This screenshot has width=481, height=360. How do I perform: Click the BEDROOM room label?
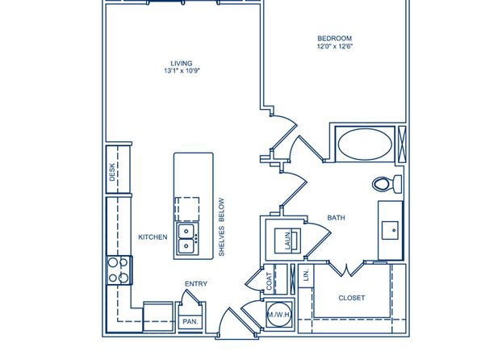(x=334, y=39)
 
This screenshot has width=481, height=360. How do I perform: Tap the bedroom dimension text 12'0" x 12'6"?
(x=335, y=46)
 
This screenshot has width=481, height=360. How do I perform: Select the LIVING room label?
(x=182, y=64)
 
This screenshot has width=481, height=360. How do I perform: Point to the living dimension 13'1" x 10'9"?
(x=182, y=71)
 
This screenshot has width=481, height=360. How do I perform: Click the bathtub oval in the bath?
(x=365, y=144)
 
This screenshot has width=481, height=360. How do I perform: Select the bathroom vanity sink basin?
(x=390, y=230)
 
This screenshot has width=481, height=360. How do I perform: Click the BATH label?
(x=336, y=218)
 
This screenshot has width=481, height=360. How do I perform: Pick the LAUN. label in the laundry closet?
(x=288, y=241)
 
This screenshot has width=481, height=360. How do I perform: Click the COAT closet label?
(x=269, y=281)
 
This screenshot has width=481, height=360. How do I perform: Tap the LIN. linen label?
(x=306, y=275)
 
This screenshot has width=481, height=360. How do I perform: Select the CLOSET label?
(x=352, y=298)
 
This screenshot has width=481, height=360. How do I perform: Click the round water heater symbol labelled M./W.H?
(x=279, y=314)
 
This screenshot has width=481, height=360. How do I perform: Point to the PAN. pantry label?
(x=190, y=321)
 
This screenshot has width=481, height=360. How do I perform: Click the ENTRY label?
(x=196, y=284)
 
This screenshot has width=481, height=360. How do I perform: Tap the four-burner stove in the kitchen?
(x=119, y=270)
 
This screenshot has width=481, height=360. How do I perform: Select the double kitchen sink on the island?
(x=186, y=238)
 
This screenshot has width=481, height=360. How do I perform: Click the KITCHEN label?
(x=153, y=237)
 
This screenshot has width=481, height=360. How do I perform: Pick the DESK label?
(x=112, y=172)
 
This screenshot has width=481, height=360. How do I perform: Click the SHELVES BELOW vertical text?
(x=221, y=227)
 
